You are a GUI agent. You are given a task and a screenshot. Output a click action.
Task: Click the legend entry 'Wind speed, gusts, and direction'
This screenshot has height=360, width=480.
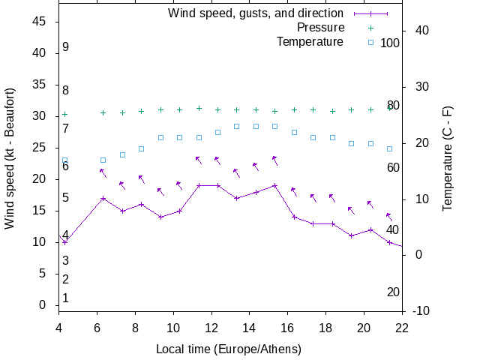click(x=256, y=13)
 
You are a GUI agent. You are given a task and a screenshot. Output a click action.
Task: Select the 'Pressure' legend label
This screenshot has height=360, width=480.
click(x=320, y=28)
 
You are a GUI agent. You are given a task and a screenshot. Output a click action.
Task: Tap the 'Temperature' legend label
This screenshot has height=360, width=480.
click(x=310, y=42)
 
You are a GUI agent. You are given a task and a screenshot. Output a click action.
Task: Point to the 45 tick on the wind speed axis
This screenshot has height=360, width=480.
click(x=40, y=22)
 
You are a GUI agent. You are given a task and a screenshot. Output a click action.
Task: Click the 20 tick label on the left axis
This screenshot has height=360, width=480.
click(x=40, y=179)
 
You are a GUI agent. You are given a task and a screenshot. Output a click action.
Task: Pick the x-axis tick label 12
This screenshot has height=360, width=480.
click(x=211, y=327)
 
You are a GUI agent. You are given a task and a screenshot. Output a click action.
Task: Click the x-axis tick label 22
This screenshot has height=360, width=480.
click(x=402, y=327)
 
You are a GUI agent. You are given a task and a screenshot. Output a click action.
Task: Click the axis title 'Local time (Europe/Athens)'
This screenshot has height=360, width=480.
click(x=229, y=349)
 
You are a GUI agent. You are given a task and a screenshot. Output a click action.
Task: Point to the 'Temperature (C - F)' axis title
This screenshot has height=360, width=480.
click(x=448, y=157)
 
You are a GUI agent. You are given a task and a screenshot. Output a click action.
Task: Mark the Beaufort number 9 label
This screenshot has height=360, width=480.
click(x=66, y=47)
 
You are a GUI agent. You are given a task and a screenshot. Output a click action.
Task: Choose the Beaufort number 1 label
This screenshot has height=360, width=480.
click(x=66, y=298)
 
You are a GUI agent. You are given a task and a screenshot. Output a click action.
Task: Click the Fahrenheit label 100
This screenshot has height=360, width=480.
click(x=390, y=43)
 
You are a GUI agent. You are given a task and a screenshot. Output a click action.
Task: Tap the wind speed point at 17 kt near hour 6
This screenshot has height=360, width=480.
click(x=103, y=198)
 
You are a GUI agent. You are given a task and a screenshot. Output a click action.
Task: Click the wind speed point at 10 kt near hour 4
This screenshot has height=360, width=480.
click(x=65, y=242)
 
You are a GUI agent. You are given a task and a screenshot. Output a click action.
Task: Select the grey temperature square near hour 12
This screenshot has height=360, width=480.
click(x=217, y=133)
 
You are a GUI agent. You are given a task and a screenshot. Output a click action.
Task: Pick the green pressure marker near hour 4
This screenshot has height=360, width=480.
click(x=65, y=114)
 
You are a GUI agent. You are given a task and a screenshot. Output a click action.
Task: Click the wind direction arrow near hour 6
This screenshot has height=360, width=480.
click(x=103, y=173)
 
